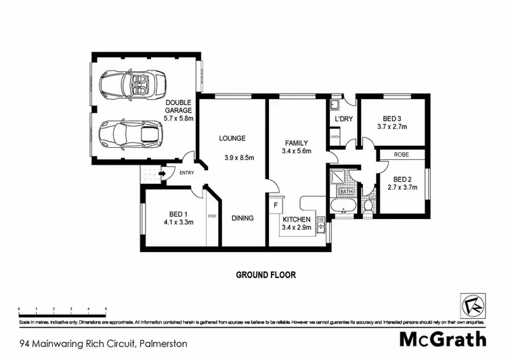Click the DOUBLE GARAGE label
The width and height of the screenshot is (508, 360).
coord(179,106)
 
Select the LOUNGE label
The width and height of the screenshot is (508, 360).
coord(232,138)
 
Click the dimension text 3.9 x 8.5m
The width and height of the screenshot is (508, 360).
coord(238,158)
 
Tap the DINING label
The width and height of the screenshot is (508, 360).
coord(242,218)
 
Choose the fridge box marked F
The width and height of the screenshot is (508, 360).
coord(276,204)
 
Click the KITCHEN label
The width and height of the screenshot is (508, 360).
coord(297,220)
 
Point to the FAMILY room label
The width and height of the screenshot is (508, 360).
coord(296,143)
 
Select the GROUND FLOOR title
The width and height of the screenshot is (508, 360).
coord(266,275)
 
